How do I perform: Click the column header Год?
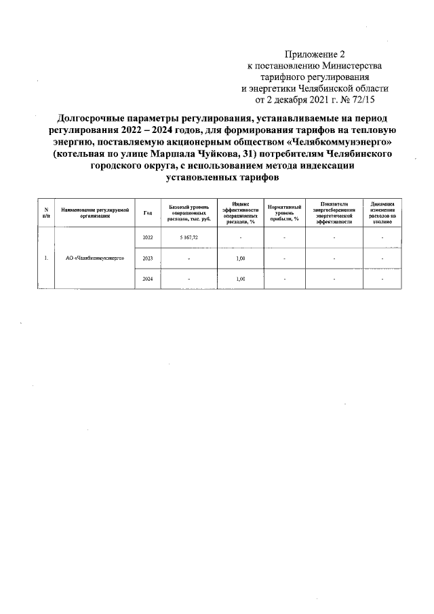click(x=148, y=212)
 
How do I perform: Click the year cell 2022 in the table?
click(x=148, y=237)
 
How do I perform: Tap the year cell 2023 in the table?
click(x=148, y=258)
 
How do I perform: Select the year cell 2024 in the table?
click(x=148, y=279)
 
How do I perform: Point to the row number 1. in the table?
click(x=45, y=258)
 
